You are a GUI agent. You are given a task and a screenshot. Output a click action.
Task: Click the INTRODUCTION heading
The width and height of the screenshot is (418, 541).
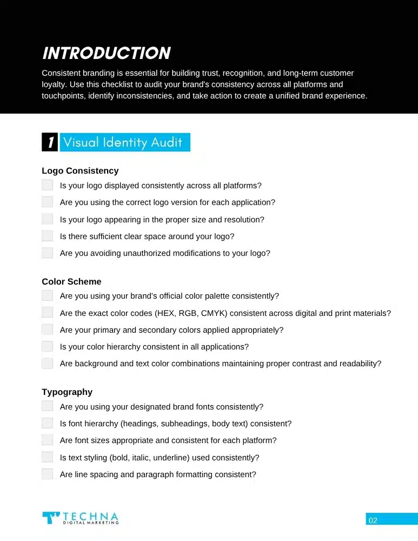106,53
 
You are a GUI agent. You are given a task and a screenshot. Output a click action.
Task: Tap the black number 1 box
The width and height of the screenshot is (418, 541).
49,142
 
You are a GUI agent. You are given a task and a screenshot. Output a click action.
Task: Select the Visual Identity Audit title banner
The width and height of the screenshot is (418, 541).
125,142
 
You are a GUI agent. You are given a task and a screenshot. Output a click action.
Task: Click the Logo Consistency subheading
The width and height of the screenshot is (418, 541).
80,171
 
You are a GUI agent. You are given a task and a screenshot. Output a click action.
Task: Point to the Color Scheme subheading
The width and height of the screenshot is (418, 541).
71,282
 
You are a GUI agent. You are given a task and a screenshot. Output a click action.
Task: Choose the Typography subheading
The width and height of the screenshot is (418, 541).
67,392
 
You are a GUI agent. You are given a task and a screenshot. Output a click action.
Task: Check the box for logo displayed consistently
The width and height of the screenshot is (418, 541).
48,185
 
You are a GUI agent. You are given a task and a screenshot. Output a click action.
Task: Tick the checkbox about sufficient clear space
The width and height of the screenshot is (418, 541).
48,236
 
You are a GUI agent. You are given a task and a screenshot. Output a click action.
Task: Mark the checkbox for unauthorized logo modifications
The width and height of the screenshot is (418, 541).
48,253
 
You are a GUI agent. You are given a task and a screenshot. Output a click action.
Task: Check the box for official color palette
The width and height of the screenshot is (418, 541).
48,296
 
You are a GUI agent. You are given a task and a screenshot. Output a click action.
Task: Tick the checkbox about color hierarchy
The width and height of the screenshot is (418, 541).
48,346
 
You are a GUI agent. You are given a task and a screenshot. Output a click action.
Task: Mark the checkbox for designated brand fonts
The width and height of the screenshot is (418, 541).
48,406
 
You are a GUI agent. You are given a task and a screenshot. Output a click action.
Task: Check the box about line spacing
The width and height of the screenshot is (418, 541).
48,474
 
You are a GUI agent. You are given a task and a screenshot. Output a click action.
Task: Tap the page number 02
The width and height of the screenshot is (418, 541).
373,520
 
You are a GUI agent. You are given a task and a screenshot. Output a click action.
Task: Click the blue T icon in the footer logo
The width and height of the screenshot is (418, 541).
51,518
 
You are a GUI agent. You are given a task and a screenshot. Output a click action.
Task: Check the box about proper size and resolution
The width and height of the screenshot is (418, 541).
48,219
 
